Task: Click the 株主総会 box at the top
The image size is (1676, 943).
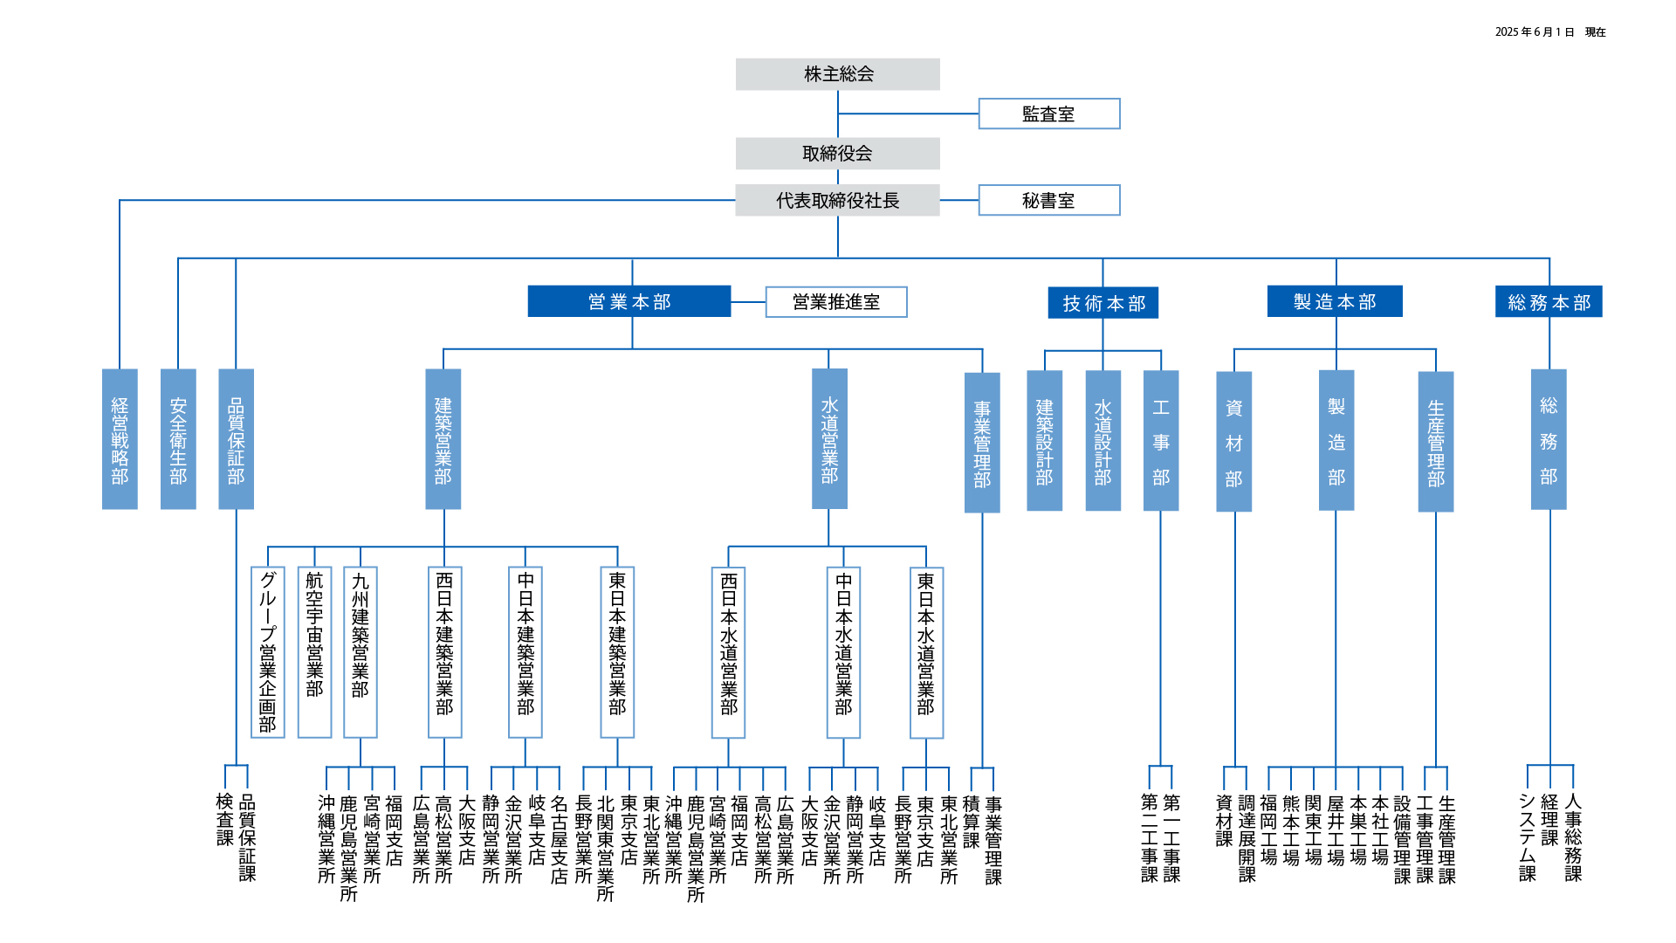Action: tap(837, 74)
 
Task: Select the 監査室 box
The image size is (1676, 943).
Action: tap(1048, 114)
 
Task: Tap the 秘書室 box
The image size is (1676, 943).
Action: tap(1048, 200)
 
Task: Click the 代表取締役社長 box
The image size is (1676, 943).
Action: tap(837, 200)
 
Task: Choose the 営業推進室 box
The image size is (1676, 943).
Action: tap(835, 302)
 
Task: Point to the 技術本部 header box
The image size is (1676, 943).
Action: tap(1102, 303)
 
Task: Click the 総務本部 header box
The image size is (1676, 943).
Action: tap(1548, 302)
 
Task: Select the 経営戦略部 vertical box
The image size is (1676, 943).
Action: tap(120, 439)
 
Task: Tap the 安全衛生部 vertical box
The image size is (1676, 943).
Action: tap(178, 439)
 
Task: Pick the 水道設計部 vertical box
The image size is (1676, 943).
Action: tap(1102, 440)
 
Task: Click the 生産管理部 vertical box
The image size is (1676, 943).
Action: tap(1435, 441)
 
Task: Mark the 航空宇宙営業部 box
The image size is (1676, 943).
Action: tap(314, 651)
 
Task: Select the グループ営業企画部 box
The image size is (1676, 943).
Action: tap(268, 651)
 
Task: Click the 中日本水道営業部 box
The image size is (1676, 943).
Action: tap(843, 651)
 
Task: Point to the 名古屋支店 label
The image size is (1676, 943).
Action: tap(559, 839)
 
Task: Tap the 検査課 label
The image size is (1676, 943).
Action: tap(225, 819)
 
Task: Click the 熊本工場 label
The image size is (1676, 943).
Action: tap(1291, 829)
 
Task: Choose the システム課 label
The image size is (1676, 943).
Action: tap(1527, 836)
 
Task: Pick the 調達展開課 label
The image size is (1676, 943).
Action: tap(1247, 837)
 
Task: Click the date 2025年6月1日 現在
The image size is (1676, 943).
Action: tap(1549, 32)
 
